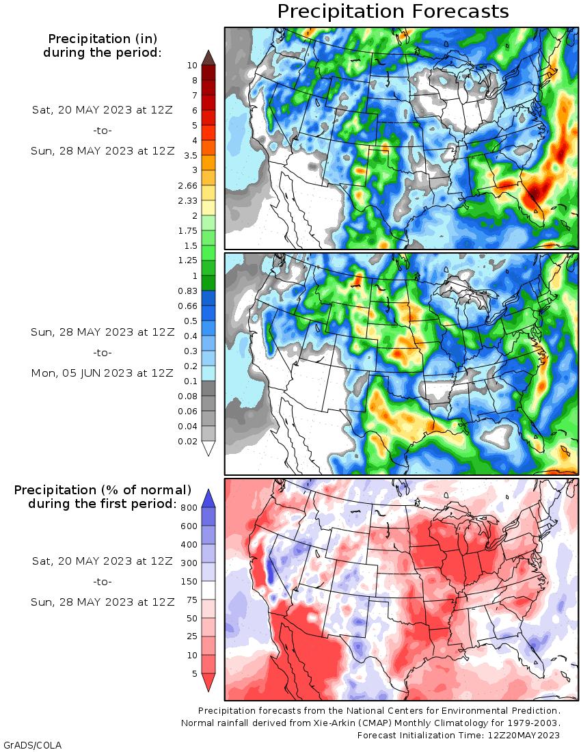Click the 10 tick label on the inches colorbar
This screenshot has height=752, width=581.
[192, 66]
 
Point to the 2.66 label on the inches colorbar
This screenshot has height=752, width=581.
[187, 185]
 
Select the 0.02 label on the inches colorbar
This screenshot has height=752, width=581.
[187, 442]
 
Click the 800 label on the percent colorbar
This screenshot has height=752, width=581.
[189, 508]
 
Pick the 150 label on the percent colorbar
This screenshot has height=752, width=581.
[189, 582]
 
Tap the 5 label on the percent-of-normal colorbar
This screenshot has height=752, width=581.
[195, 674]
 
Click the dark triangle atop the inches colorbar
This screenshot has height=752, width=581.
[208, 57]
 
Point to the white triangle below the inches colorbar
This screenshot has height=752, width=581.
[208, 448]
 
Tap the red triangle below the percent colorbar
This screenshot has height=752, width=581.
[209, 682]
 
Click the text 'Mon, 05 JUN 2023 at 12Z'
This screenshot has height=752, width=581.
[103, 373]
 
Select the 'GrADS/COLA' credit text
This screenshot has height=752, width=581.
[32, 744]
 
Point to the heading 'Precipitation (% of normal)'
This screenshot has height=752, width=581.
[103, 490]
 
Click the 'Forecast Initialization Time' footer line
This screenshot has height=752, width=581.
[459, 735]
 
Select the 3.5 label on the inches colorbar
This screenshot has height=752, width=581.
[189, 155]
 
